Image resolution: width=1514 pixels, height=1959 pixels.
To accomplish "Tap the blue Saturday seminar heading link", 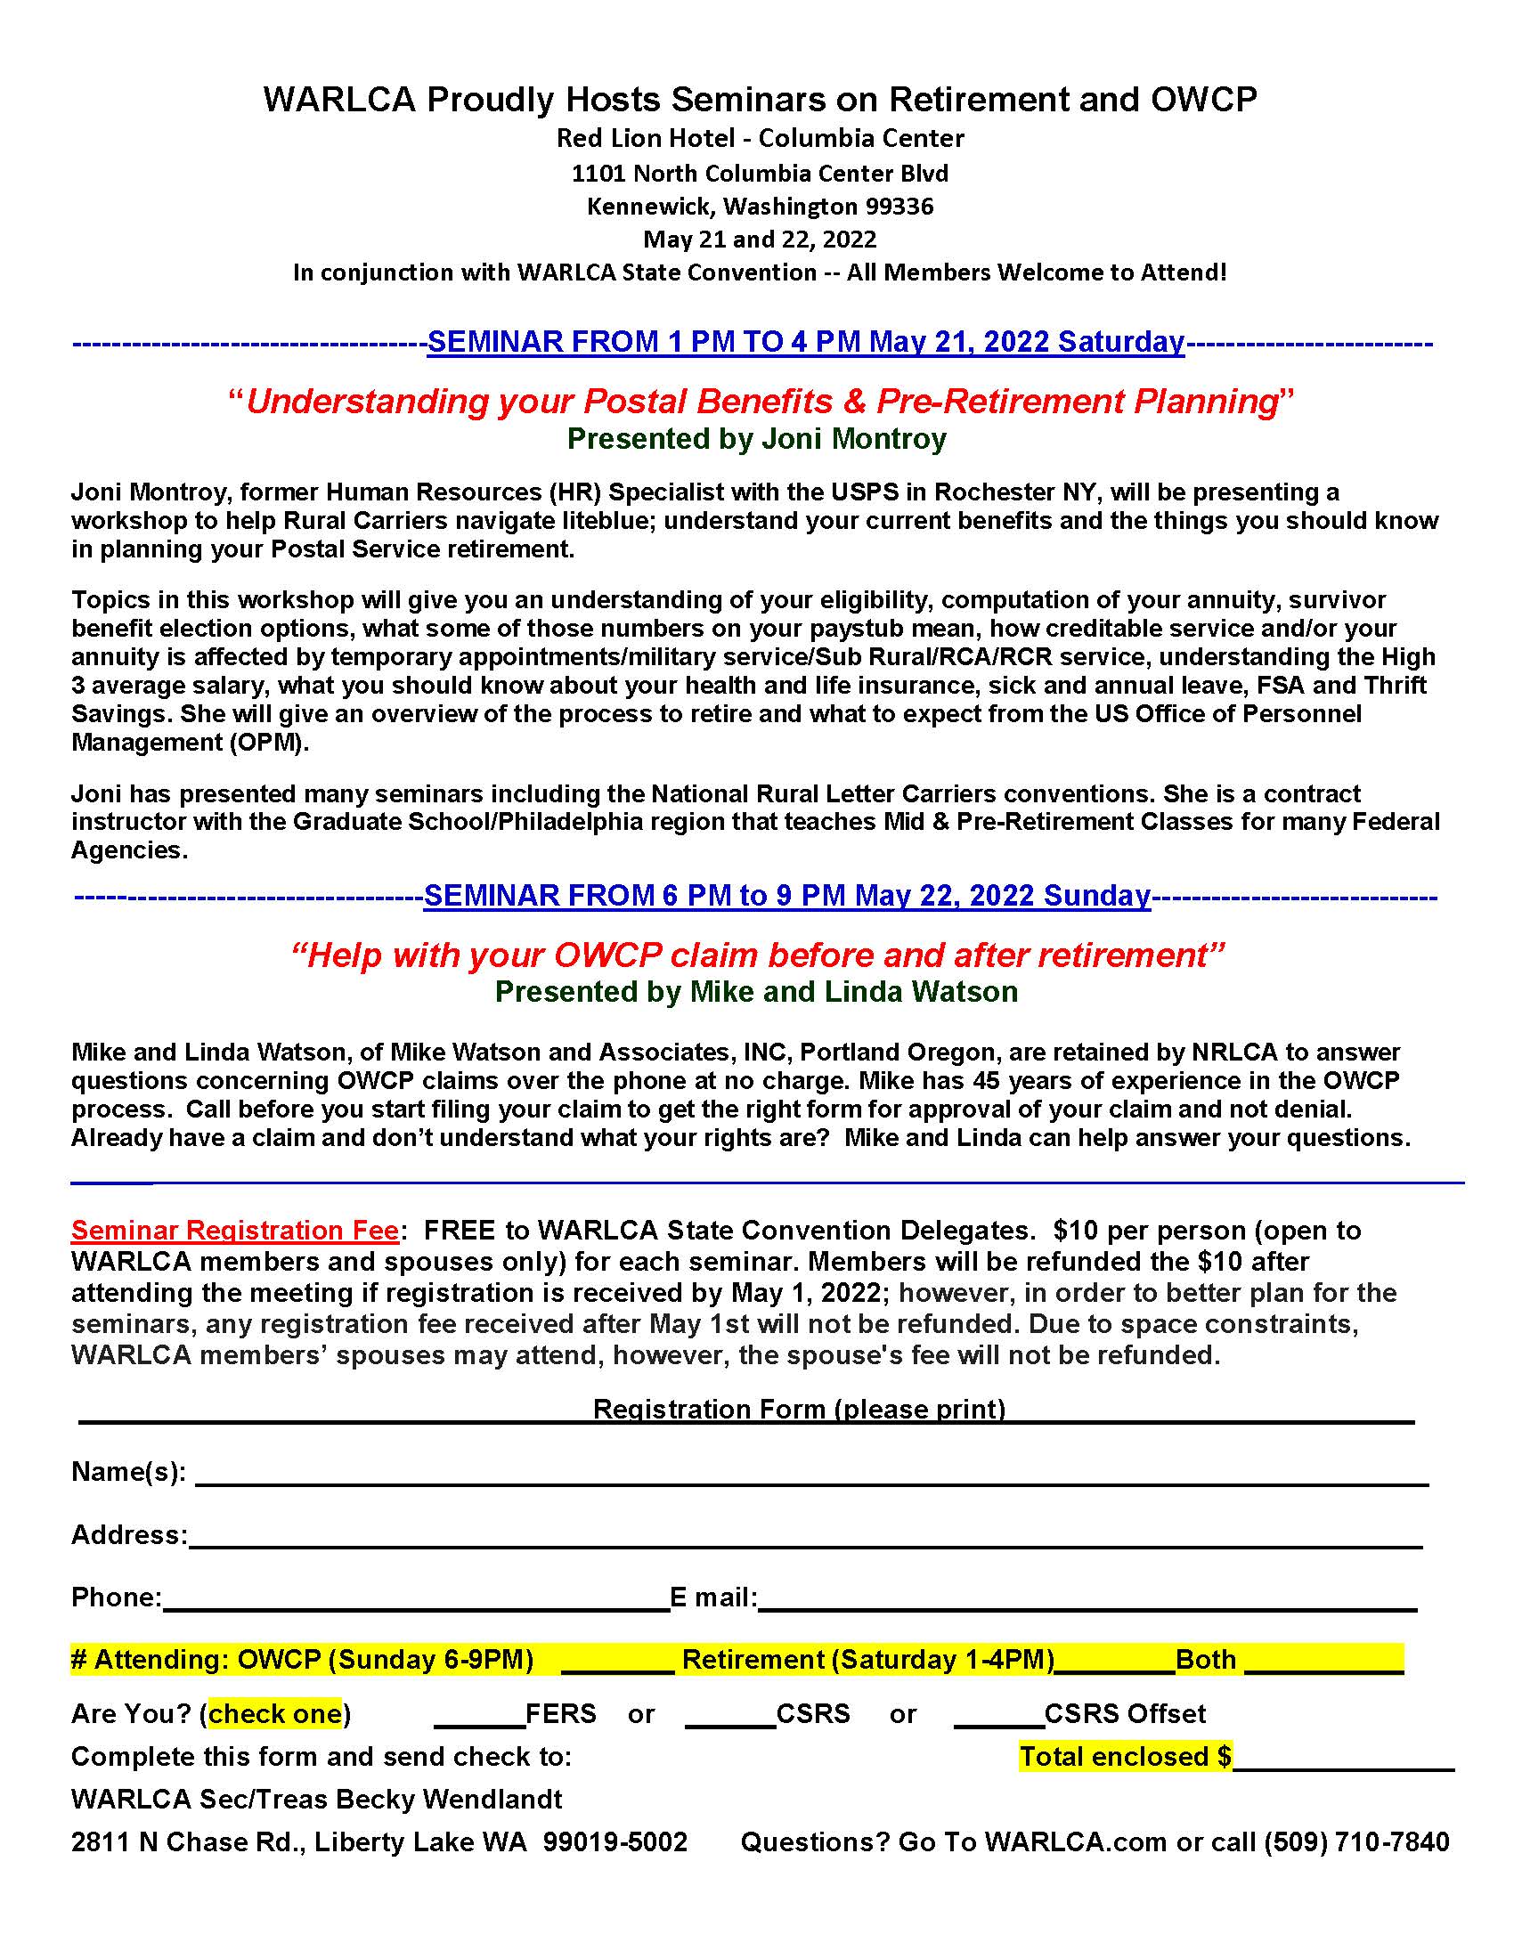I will pos(805,342).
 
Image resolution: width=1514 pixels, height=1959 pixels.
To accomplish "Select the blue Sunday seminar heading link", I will pos(786,895).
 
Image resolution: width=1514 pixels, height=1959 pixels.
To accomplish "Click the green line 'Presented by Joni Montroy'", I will pos(756,439).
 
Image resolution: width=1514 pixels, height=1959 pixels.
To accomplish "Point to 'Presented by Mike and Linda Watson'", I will pos(756,991).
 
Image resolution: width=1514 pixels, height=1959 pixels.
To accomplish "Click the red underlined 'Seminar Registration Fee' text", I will pos(235,1230).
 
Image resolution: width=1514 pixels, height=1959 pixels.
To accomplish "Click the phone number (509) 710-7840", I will pos(1356,1842).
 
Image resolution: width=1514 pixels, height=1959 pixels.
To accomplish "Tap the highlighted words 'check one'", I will pos(274,1713).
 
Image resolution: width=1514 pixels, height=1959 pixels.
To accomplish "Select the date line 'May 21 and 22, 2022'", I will pos(760,240).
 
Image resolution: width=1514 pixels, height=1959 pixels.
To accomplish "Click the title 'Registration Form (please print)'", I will pos(799,1410).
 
